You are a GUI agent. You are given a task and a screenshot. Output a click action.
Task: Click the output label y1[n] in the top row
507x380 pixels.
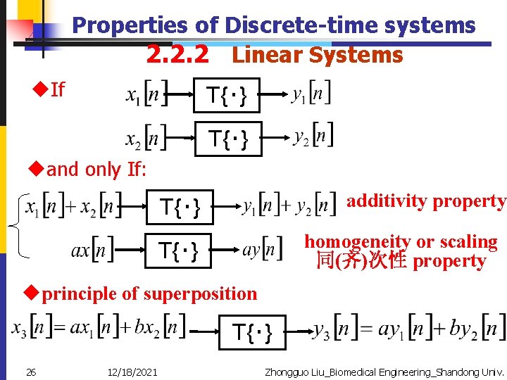click(310, 94)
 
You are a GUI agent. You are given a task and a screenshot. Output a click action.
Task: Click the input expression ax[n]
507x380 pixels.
click(92, 250)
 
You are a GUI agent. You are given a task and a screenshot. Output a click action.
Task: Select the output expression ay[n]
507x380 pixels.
click(261, 249)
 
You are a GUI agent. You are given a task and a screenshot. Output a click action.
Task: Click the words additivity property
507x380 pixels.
click(425, 201)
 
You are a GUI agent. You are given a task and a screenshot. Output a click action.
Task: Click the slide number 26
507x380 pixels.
click(30, 372)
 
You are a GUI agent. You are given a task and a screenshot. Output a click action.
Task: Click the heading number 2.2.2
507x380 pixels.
click(177, 55)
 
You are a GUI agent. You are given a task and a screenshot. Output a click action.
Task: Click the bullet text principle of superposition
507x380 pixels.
click(149, 293)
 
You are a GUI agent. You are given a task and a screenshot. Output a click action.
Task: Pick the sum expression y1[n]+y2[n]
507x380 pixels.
click(287, 206)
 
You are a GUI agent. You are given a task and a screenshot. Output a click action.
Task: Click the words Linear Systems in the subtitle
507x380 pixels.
click(317, 55)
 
